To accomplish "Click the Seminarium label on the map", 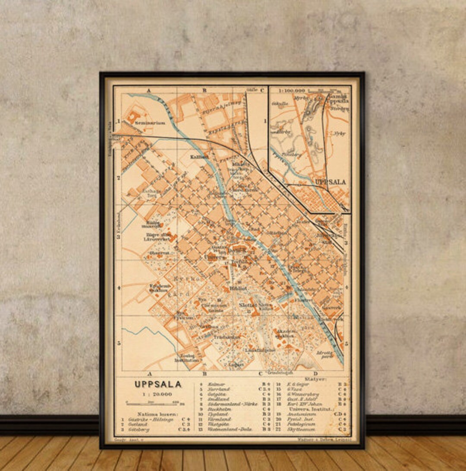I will (149, 123).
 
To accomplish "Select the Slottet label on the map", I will (248, 305).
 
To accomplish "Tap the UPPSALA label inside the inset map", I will (331, 182).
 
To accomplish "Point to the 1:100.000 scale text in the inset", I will (292, 91).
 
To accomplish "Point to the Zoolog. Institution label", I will (187, 357).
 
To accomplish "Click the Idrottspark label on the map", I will (325, 355).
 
